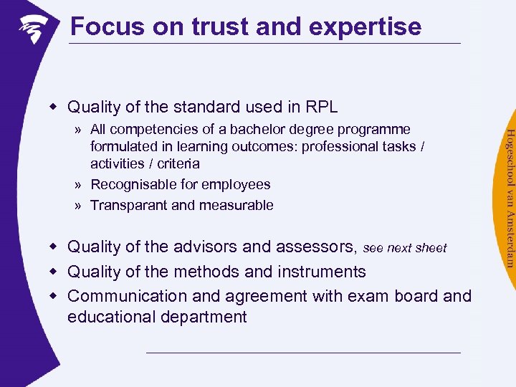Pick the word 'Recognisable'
(131, 185)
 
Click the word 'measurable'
(236, 206)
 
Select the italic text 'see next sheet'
(405, 248)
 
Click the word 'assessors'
(318, 247)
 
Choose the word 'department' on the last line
(204, 317)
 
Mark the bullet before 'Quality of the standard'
(52, 107)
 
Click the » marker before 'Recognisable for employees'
(77, 185)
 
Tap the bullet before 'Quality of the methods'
(52, 272)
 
